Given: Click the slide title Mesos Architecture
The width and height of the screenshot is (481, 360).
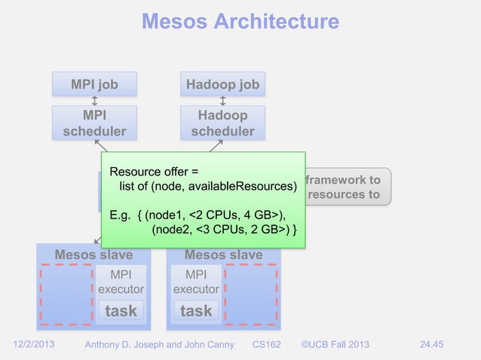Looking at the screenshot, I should coord(240,21).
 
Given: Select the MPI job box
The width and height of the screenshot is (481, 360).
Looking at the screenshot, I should coord(94,84).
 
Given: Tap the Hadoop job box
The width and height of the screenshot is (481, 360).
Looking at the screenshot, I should coord(223,84).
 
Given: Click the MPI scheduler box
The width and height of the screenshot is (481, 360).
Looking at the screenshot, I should coord(94,123).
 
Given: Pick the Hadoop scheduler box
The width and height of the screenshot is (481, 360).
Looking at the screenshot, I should coord(223,123).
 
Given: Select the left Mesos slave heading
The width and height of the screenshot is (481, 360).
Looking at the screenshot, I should coord(93,255).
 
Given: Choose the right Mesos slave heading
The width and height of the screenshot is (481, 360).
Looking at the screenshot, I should coord(223,255).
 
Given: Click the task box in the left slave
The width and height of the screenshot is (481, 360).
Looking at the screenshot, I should coord(121,310).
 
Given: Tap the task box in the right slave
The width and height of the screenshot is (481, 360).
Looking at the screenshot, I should coord(196,310).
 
